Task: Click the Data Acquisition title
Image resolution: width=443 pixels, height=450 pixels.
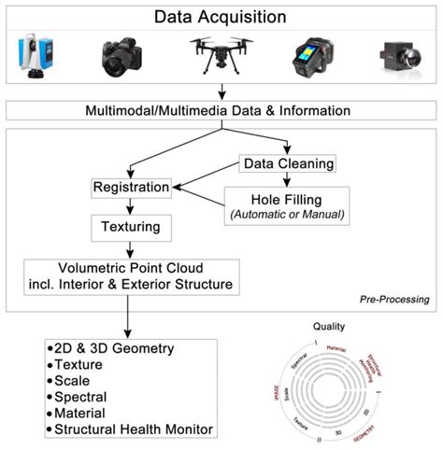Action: [221, 16]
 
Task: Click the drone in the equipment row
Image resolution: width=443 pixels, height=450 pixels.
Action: [222, 54]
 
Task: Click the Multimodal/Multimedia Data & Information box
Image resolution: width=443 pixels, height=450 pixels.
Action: [221, 111]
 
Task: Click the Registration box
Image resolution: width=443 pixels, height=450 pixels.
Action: [132, 188]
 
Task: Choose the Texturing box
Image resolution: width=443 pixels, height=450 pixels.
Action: [131, 226]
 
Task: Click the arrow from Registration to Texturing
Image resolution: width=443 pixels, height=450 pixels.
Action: [131, 206]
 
